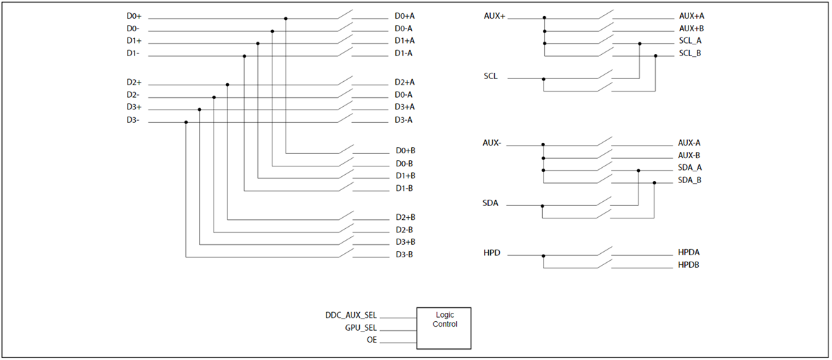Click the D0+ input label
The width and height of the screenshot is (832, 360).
(135, 16)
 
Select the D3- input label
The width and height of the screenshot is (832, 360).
(133, 120)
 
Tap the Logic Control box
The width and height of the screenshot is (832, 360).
(443, 327)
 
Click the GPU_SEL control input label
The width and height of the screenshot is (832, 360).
(361, 327)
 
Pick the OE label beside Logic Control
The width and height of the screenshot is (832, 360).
(372, 340)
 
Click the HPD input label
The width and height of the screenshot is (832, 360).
(492, 253)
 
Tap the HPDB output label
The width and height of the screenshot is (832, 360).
(689, 265)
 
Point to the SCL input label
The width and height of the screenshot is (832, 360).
(491, 76)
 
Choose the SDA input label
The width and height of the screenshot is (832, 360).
(492, 204)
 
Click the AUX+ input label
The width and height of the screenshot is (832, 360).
(494, 15)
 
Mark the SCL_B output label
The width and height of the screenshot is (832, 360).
(691, 53)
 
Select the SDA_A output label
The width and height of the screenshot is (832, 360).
(690, 168)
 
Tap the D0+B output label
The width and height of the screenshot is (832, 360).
(405, 151)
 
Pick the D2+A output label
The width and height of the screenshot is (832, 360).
(405, 82)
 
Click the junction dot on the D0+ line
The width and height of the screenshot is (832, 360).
(286, 19)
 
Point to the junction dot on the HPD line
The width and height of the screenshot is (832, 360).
(543, 256)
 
